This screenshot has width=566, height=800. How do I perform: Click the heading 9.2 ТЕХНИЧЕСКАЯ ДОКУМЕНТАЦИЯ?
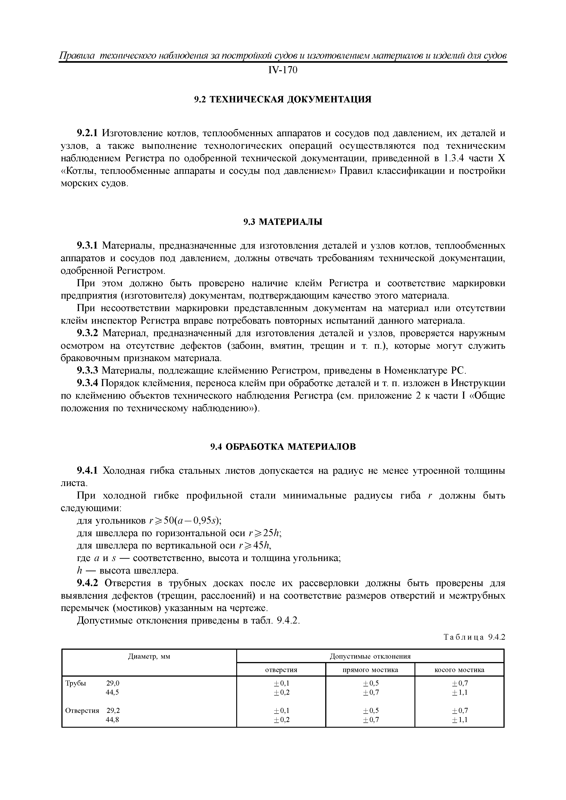coord(283,100)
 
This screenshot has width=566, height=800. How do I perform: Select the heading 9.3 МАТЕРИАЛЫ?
coord(283,222)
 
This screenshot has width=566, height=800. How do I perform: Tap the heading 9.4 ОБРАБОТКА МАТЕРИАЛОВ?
coord(283,447)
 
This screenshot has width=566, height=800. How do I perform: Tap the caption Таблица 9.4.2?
coord(474,637)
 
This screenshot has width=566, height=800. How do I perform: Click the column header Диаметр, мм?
coord(149,657)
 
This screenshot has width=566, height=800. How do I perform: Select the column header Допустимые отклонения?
coord(370,657)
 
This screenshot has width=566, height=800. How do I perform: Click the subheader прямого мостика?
coord(370,670)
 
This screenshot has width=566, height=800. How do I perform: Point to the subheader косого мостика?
coord(459,670)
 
